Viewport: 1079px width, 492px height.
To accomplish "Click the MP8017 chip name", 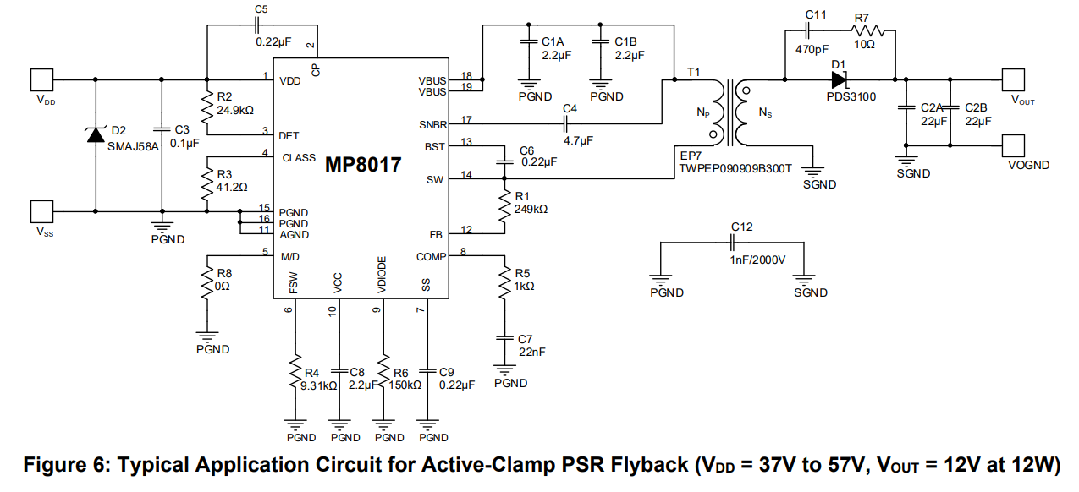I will click(x=363, y=166).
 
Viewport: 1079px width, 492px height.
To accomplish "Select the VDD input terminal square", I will click(x=41, y=79).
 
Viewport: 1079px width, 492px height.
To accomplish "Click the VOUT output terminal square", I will click(x=1015, y=79).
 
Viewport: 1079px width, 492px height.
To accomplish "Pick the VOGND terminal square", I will click(x=1015, y=145).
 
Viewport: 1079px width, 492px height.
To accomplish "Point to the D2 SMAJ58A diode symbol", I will click(x=95, y=134).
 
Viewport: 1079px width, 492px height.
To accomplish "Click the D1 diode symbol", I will click(x=839, y=80).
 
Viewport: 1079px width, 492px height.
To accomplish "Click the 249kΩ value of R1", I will click(x=531, y=208).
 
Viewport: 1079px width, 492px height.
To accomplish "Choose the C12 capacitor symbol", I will click(x=734, y=242).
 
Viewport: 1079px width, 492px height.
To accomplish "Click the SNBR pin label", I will click(x=432, y=124).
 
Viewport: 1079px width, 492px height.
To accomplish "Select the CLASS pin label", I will click(x=299, y=157).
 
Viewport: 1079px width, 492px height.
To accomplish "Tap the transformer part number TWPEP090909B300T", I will click(x=735, y=168).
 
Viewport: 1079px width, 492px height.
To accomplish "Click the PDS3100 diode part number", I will click(x=851, y=96).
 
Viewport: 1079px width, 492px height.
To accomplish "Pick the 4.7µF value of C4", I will click(x=579, y=141).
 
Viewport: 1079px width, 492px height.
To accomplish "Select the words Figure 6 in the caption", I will click(x=66, y=466).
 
